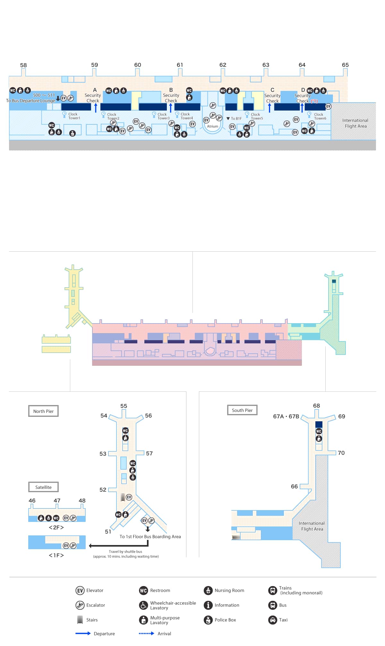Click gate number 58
pyautogui.click(x=23, y=65)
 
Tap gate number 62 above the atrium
pyautogui.click(x=223, y=65)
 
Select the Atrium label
pyautogui.click(x=212, y=126)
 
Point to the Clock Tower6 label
pyautogui.click(x=320, y=116)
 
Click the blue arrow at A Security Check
pyautogui.click(x=96, y=108)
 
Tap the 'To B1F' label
pyautogui.click(x=234, y=119)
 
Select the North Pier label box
pyautogui.click(x=43, y=411)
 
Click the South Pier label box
pyautogui.click(x=242, y=410)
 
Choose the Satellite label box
pyautogui.click(x=43, y=487)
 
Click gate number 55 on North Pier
pyautogui.click(x=124, y=406)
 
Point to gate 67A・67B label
pyautogui.click(x=286, y=416)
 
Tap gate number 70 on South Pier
pyautogui.click(x=341, y=453)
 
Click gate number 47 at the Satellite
pyautogui.click(x=57, y=501)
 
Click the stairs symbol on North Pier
pyautogui.click(x=123, y=497)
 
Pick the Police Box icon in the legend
pyautogui.click(x=208, y=620)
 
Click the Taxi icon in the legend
pyautogui.click(x=273, y=620)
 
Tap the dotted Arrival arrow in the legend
pyautogui.click(x=146, y=633)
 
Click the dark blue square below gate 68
pyautogui.click(x=319, y=424)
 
